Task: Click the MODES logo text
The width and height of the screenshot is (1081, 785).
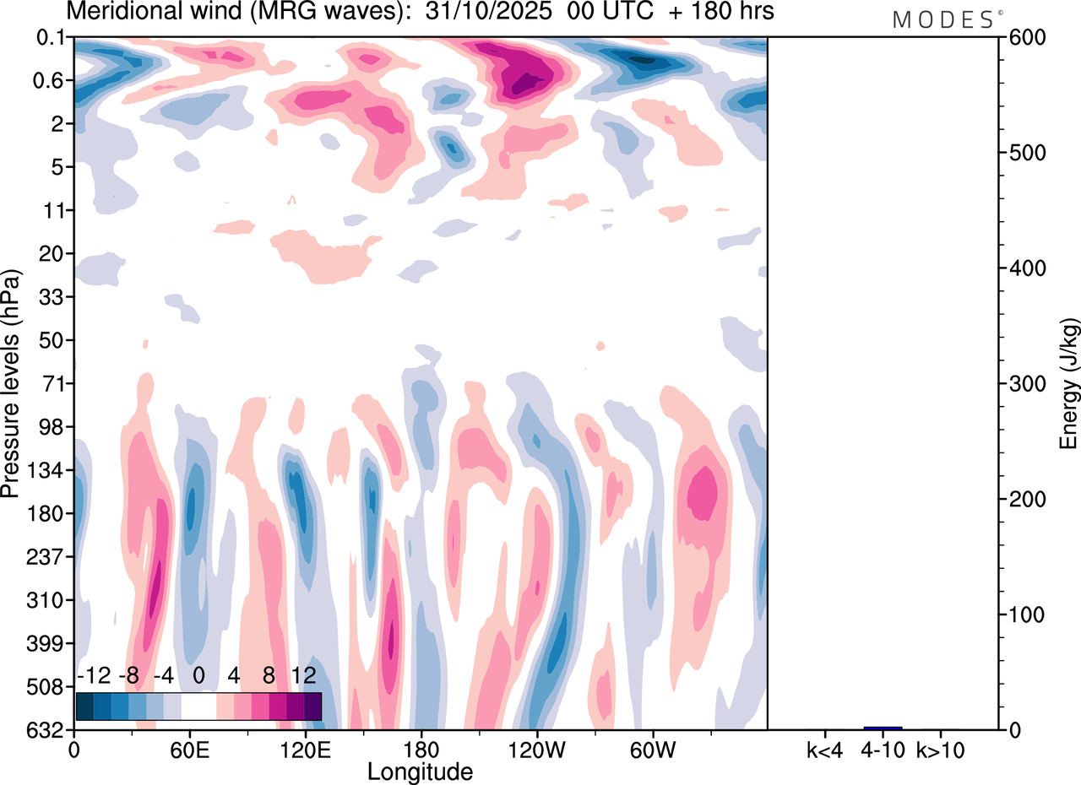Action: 942,19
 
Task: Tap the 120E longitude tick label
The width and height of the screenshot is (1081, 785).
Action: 305,750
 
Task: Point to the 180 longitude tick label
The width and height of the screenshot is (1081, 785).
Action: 421,750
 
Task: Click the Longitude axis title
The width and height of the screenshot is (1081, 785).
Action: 420,771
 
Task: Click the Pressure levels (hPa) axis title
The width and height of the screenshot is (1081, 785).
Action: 11,384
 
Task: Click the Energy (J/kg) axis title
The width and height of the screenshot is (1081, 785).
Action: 1069,384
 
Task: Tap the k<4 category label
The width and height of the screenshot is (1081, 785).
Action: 823,750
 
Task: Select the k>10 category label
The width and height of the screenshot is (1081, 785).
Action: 939,750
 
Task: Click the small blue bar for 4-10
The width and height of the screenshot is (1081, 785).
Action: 883,728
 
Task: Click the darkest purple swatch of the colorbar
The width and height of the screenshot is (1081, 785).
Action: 312,706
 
